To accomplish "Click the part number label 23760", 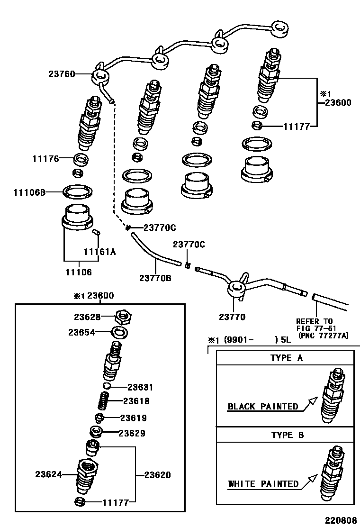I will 62,74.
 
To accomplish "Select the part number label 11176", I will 45,159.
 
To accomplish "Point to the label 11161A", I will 99,252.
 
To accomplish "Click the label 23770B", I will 155,278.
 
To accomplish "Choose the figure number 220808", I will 340,520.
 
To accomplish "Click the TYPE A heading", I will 287,358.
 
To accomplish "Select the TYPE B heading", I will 287,435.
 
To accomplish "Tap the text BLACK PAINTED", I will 263,407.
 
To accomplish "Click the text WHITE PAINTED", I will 263,484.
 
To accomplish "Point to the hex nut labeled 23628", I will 123,316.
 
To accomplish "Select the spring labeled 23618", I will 104,401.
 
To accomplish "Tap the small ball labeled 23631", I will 108,387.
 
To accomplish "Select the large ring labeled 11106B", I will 77,191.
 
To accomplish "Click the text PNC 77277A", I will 323,336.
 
